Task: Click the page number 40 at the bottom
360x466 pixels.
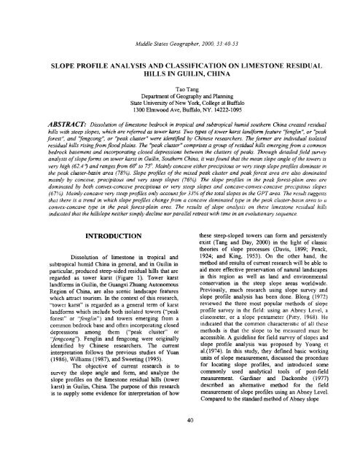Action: pos(179,440)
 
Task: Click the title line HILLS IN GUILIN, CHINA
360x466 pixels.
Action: pos(179,66)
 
